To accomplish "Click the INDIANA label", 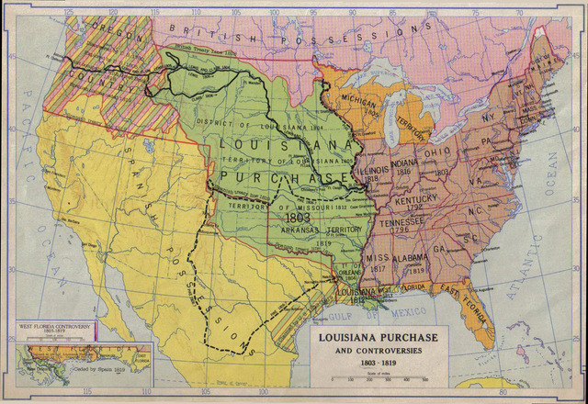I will point(404,164).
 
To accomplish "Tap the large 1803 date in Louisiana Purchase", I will point(299,219).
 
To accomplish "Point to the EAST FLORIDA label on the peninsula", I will point(459,295).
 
